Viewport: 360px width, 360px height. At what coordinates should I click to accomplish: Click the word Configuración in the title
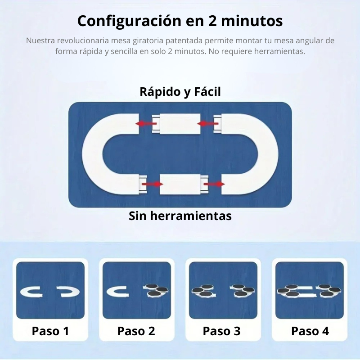(130, 21)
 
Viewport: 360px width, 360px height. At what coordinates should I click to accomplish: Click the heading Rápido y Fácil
(180, 92)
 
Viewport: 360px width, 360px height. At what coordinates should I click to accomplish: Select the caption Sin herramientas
(180, 216)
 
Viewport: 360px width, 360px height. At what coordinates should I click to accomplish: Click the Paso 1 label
(50, 331)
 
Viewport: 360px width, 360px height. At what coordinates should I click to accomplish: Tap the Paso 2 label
(136, 331)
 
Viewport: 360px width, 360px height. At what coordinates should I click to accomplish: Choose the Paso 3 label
(222, 331)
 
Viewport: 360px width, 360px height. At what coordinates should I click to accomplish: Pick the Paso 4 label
(310, 331)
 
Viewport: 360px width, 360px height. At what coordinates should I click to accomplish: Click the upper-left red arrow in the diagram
(146, 124)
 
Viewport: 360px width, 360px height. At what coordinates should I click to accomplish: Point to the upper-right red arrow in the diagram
(208, 124)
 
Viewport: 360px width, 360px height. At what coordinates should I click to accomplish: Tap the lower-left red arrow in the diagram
(153, 184)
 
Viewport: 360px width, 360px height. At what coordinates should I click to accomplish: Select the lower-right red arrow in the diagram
(214, 184)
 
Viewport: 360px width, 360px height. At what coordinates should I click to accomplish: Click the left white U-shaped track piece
(93, 154)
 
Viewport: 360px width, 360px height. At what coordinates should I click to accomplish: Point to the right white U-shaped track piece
(268, 154)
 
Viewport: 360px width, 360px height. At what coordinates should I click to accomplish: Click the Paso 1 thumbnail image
(50, 290)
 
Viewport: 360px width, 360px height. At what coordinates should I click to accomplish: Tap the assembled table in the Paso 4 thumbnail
(309, 291)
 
